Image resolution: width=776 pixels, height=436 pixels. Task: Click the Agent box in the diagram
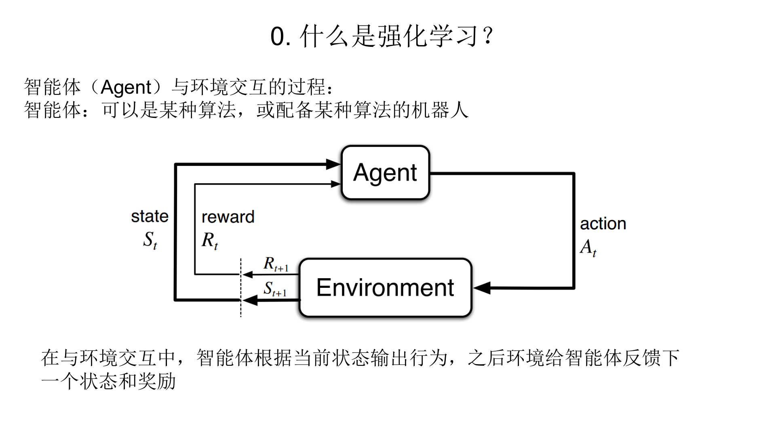point(385,172)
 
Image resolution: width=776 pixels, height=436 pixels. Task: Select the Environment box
point(385,287)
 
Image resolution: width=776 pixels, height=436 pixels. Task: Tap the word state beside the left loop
point(150,216)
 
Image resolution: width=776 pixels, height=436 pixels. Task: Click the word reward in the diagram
point(228,217)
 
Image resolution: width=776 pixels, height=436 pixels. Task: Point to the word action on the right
point(603,224)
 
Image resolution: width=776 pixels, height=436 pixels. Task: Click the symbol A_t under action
point(588,247)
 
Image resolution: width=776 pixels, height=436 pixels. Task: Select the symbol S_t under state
point(150,240)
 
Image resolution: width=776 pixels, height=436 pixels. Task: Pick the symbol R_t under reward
point(210,241)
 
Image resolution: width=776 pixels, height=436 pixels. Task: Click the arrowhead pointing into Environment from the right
point(482,288)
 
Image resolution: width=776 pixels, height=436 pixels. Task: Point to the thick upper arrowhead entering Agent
point(333,164)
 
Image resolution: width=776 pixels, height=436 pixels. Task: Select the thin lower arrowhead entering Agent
point(335,184)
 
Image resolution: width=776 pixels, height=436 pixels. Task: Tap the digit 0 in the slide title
point(278,37)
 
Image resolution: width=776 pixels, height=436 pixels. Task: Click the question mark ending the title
point(488,36)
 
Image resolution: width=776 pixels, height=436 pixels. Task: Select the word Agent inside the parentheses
point(126,87)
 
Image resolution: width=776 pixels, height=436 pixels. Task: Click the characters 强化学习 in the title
point(428,36)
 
